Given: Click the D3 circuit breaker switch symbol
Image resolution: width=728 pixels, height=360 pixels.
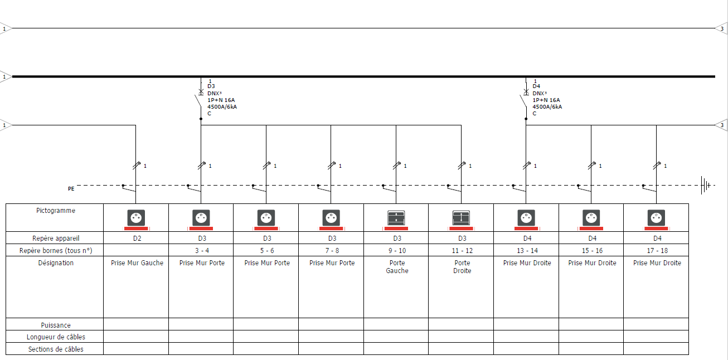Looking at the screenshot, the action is [x=198, y=99].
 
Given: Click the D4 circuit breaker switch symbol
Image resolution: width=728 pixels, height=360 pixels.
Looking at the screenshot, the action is [x=523, y=99].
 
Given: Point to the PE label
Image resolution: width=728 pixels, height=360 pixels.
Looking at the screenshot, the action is [x=71, y=189].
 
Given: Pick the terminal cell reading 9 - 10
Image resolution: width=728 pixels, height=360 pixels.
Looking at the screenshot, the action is [x=397, y=251].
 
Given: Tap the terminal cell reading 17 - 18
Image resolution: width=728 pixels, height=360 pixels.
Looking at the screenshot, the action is [x=657, y=251].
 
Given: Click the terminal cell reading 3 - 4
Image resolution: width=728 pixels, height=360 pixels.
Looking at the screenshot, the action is [x=202, y=251].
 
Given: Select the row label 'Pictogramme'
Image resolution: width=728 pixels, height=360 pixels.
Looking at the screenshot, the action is [x=56, y=211].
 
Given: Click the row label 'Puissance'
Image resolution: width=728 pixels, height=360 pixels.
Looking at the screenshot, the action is [x=56, y=325].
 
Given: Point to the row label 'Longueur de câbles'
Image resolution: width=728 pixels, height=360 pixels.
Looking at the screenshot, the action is [x=56, y=337].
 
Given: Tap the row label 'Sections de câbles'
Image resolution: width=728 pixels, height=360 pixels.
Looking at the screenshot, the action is [x=56, y=349].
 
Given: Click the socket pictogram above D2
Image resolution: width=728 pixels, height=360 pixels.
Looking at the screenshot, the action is [x=136, y=220].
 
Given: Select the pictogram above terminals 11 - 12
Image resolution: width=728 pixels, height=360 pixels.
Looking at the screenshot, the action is [x=461, y=220].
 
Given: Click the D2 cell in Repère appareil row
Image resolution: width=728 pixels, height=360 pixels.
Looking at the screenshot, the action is [x=137, y=239].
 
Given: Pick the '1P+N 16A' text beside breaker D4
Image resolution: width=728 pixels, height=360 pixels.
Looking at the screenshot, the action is [x=546, y=100].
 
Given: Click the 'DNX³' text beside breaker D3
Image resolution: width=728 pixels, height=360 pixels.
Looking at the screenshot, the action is [x=215, y=93].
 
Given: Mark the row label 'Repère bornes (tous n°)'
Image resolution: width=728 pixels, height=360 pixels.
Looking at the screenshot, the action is [x=56, y=251].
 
